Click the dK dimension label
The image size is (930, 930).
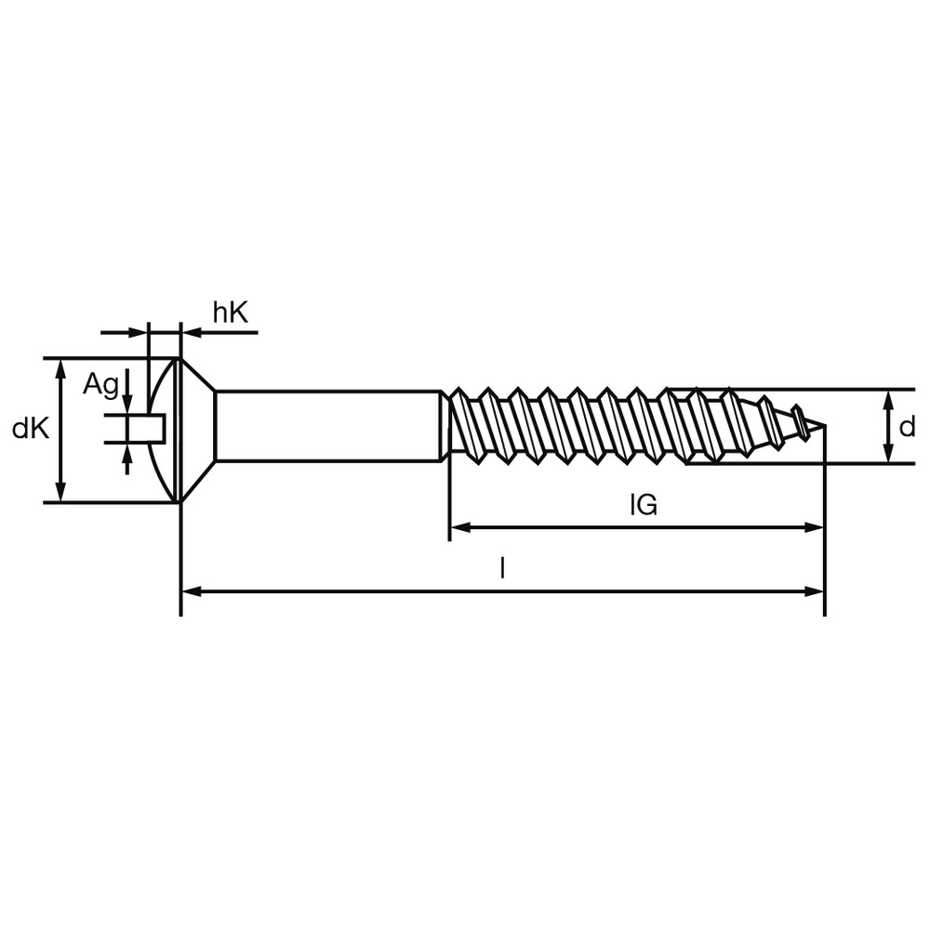[30, 429]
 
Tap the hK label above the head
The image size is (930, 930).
[231, 313]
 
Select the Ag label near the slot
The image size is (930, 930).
[100, 384]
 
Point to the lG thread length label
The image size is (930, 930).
[643, 505]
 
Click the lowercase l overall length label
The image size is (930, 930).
[502, 568]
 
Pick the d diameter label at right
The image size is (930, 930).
[907, 427]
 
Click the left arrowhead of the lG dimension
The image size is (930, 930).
[458, 527]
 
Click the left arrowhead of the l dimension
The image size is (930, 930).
[190, 591]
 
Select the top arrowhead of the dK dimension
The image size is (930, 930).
[61, 367]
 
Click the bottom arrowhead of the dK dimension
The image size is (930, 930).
[61, 494]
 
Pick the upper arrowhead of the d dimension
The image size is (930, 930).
[888, 398]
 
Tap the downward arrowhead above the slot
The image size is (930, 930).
[127, 405]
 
